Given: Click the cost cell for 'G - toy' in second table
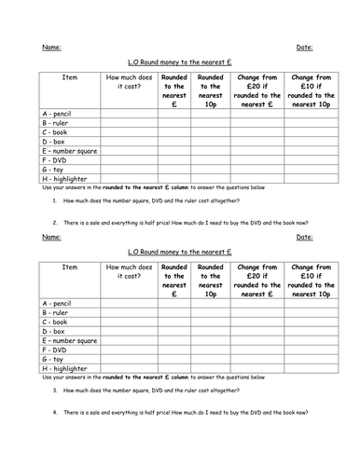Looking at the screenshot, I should click(127, 359).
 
